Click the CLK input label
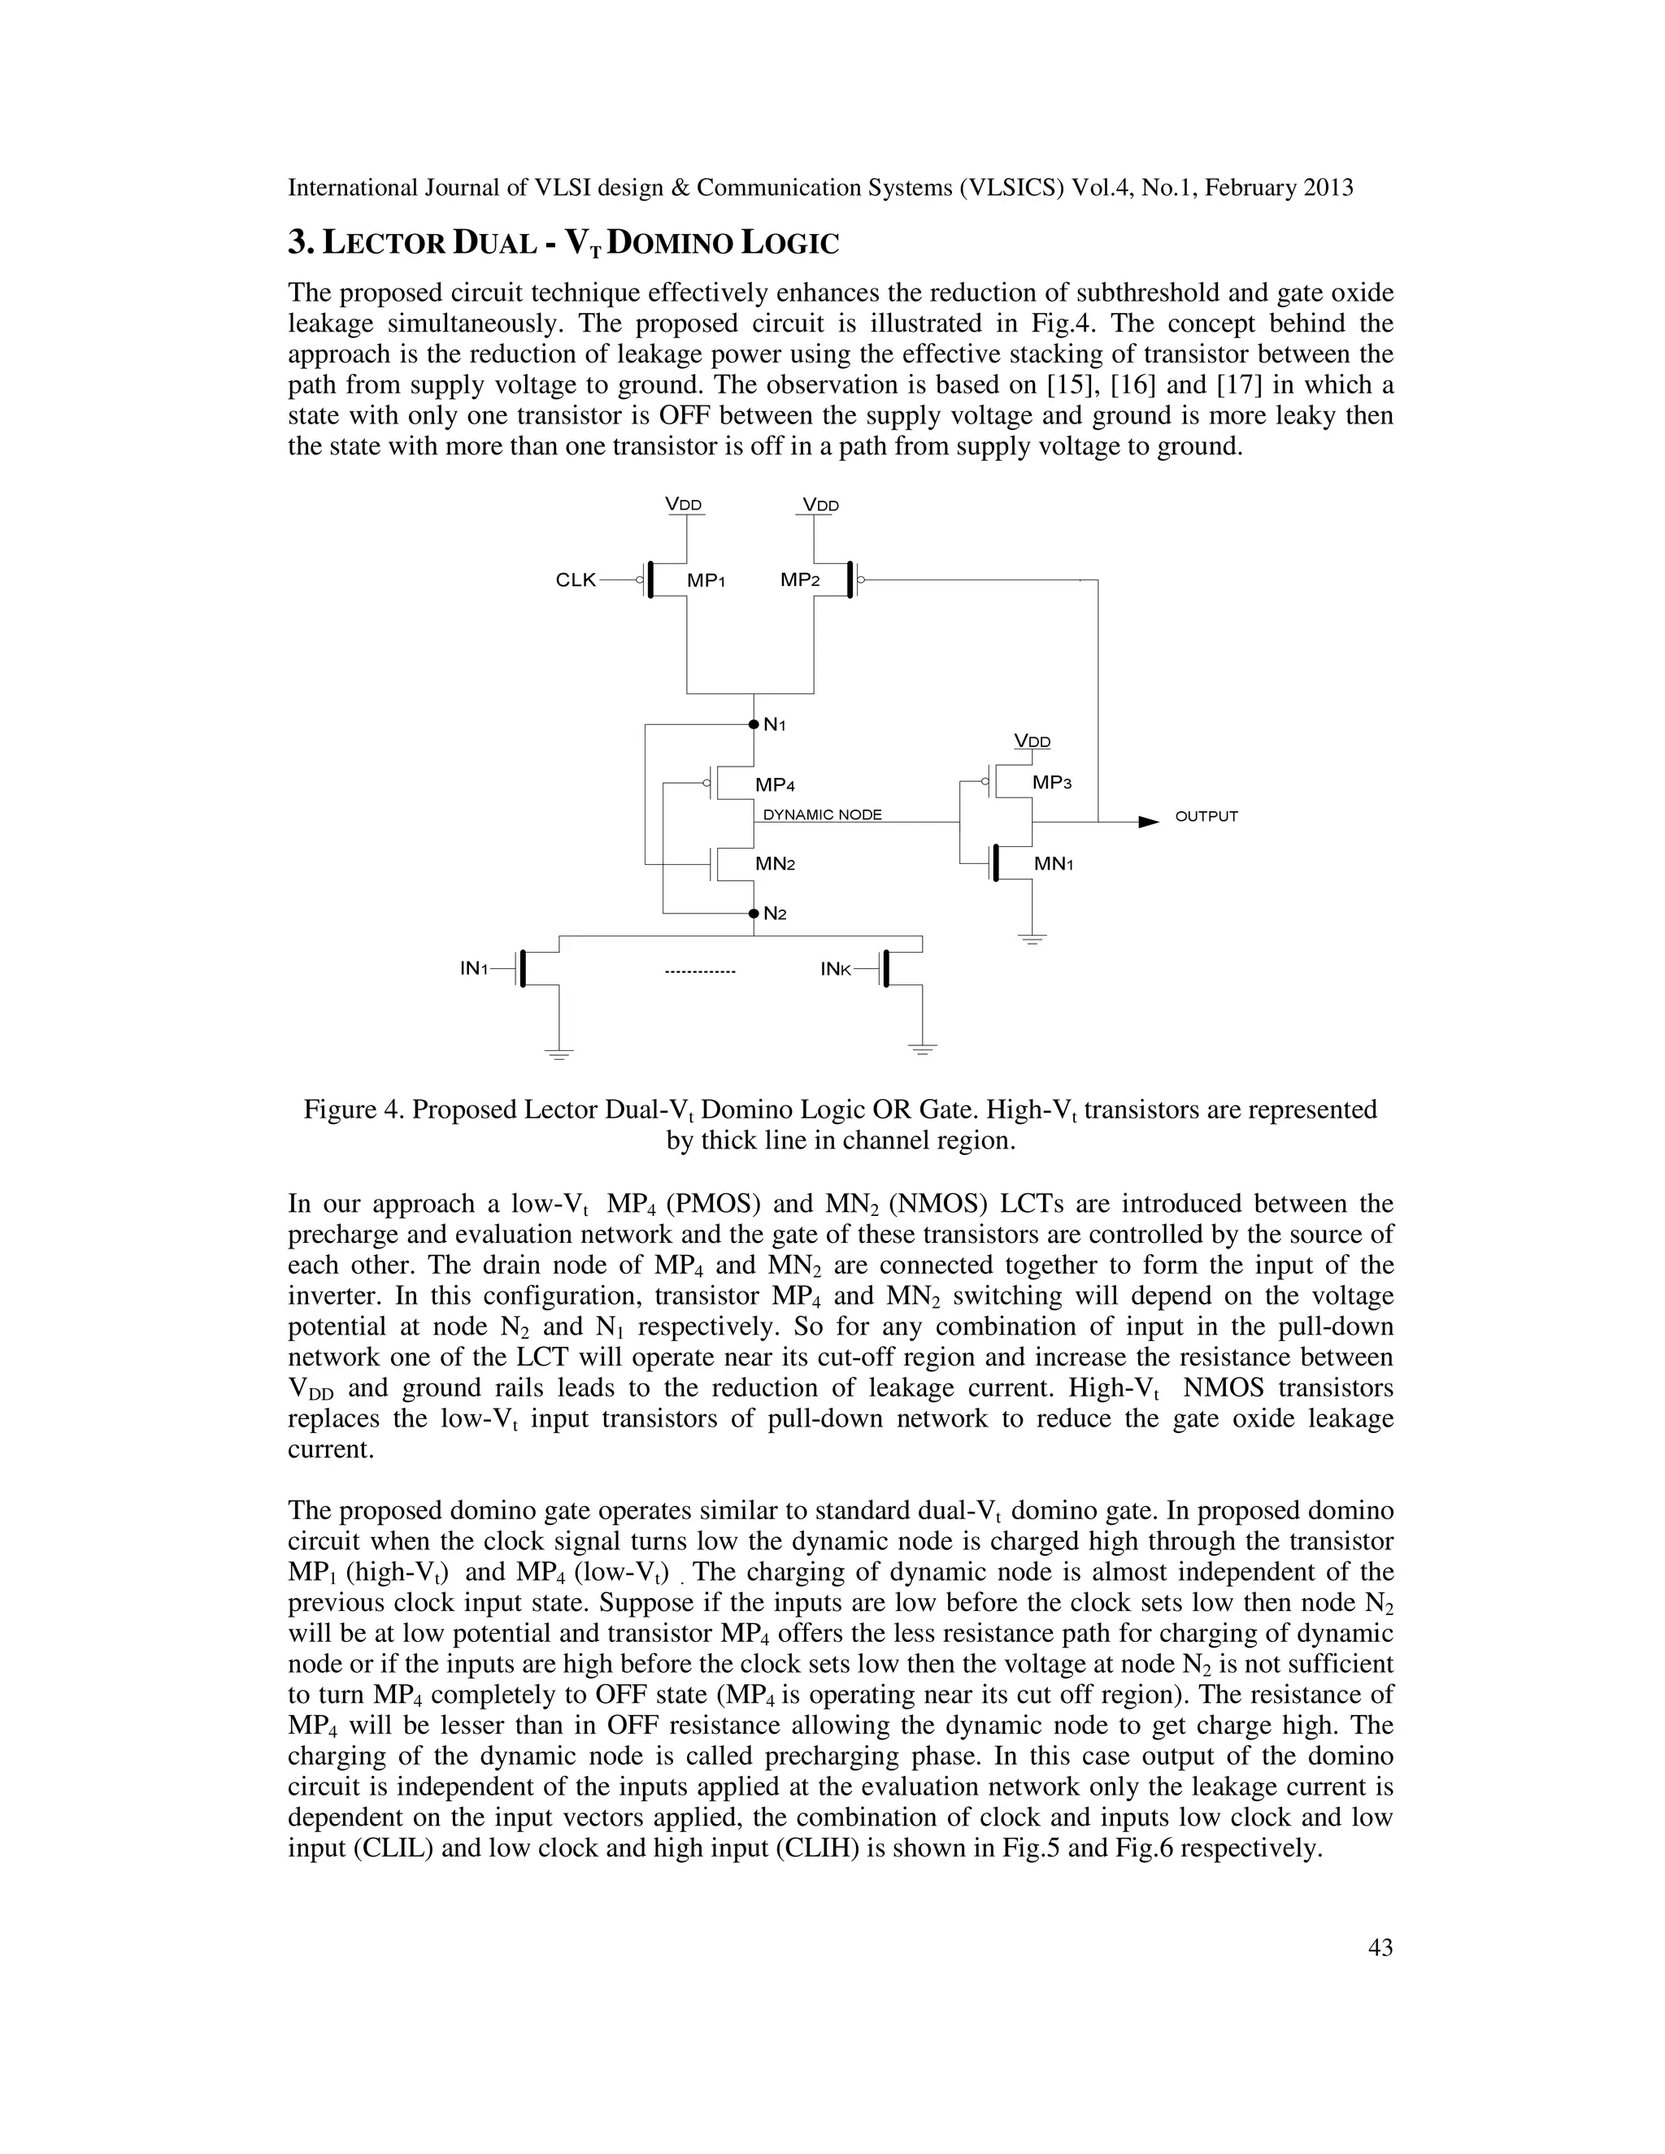[x=576, y=580]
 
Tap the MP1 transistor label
[x=706, y=581]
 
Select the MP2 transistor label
[x=800, y=580]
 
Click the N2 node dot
[x=754, y=914]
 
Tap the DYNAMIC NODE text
[x=823, y=814]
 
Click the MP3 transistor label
[x=1051, y=783]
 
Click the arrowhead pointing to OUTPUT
[x=1147, y=821]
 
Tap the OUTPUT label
[x=1206, y=817]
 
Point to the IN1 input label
[x=475, y=969]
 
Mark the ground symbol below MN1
[x=1032, y=938]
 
